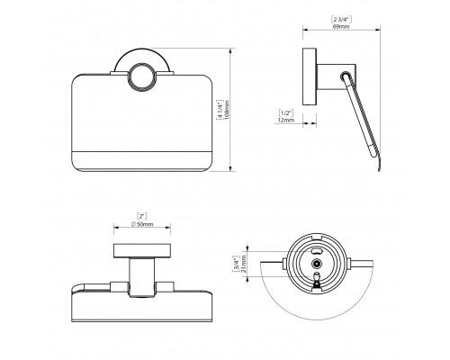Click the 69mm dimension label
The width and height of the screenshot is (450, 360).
coord(341,26)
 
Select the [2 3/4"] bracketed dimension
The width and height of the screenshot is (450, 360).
coord(341,20)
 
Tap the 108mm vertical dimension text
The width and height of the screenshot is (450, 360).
coord(227,110)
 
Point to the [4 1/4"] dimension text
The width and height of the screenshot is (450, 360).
coord(220,110)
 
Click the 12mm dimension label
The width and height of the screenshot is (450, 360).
coord(286,120)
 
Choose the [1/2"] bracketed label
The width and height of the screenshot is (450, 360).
coord(286,113)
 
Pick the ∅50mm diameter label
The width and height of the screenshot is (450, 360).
coord(142,224)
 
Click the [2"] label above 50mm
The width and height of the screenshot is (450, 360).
coord(142,216)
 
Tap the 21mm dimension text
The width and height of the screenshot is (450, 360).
coord(244,264)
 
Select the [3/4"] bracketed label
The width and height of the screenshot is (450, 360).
coord(237,264)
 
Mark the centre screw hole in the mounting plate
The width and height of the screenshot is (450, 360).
coord(316,264)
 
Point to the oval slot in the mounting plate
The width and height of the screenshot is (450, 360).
coord(316,250)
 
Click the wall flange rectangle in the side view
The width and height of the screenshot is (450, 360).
coord(310,76)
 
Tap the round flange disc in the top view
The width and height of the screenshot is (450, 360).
coord(142,251)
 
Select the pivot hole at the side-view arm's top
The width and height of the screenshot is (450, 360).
coord(345,76)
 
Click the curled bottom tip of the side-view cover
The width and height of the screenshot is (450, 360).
coord(379,169)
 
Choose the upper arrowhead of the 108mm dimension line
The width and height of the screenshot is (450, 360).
coord(230,52)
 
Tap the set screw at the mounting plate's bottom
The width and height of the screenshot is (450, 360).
coord(316,279)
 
